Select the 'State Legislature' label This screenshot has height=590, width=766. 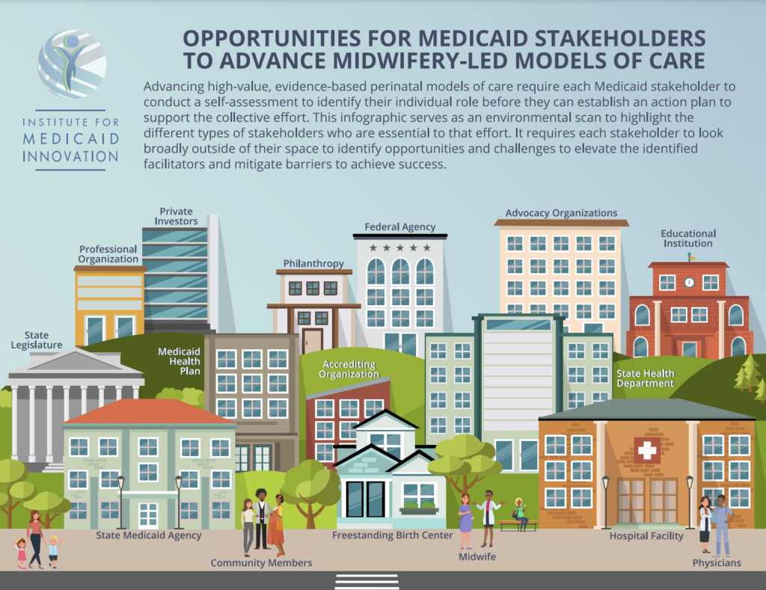click(37, 340)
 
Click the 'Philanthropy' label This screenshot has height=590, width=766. click(313, 264)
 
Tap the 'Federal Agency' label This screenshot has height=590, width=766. click(399, 227)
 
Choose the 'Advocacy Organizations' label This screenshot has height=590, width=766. click(561, 213)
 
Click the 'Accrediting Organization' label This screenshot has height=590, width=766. click(349, 369)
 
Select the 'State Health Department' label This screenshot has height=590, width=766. click(645, 378)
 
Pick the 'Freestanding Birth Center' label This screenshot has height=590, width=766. click(393, 535)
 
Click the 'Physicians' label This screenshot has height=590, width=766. click(717, 562)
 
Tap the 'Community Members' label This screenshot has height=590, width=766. click(261, 562)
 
